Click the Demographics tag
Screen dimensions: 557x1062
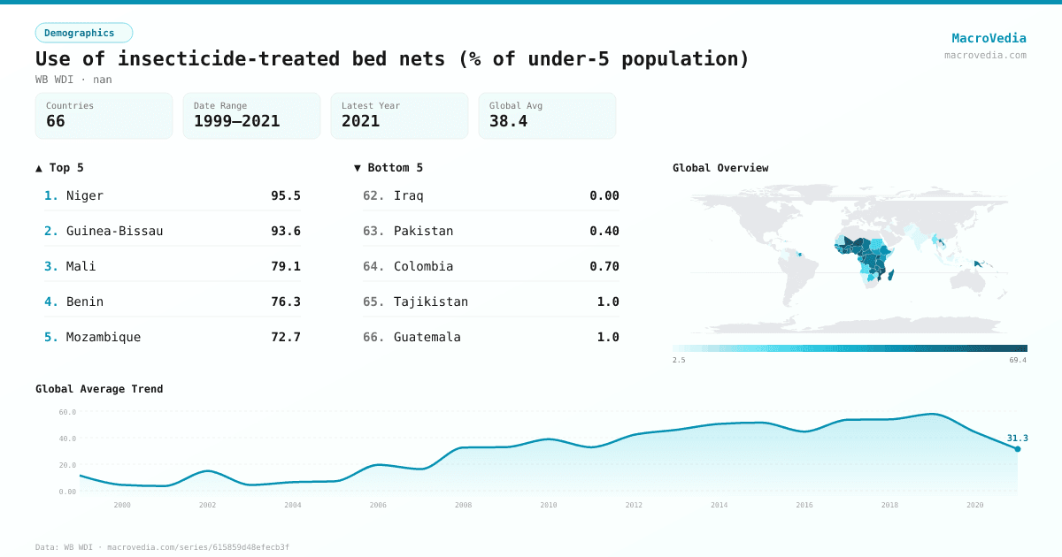pyautogui.click(x=83, y=33)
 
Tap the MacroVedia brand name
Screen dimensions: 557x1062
pyautogui.click(x=989, y=38)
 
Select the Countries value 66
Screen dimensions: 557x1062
pyautogui.click(x=56, y=121)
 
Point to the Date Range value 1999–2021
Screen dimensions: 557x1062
pyautogui.click(x=236, y=121)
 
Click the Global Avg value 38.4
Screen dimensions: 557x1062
pyautogui.click(x=508, y=121)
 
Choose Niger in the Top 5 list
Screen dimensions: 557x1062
pyautogui.click(x=85, y=195)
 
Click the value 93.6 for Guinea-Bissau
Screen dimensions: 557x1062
pyautogui.click(x=285, y=231)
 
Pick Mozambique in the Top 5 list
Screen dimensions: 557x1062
pyautogui.click(x=104, y=337)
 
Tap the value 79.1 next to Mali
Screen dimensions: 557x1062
pyautogui.click(x=285, y=266)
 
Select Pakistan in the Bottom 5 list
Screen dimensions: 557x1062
pyautogui.click(x=423, y=231)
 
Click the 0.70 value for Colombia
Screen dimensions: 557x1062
pyautogui.click(x=604, y=266)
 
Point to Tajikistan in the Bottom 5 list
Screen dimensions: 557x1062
pyautogui.click(x=431, y=301)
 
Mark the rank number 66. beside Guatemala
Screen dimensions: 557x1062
pyautogui.click(x=373, y=337)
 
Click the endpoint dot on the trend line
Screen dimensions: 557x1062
pyautogui.click(x=1017, y=449)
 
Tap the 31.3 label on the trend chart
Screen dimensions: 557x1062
pyautogui.click(x=1017, y=438)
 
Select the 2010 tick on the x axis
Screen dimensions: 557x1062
pyautogui.click(x=549, y=505)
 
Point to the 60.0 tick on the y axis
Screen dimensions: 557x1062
pyautogui.click(x=67, y=412)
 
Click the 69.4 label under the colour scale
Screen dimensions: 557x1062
pyautogui.click(x=1018, y=360)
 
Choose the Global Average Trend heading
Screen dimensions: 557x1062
pyautogui.click(x=99, y=389)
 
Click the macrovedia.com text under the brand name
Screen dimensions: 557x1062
pyautogui.click(x=985, y=55)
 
